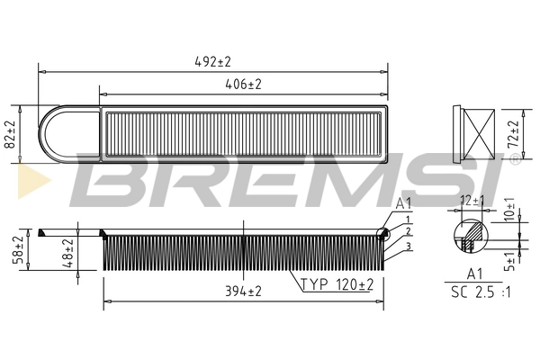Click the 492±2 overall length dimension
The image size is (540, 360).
point(212,62)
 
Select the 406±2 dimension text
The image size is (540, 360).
point(242,84)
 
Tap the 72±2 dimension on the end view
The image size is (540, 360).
point(514,132)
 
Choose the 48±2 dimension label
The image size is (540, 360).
point(67,250)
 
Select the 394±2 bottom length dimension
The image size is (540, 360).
point(242,291)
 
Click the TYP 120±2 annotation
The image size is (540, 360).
point(336,284)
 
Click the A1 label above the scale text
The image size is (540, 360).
point(474,273)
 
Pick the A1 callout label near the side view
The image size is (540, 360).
point(403,204)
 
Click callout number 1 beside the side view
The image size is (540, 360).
point(407,220)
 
